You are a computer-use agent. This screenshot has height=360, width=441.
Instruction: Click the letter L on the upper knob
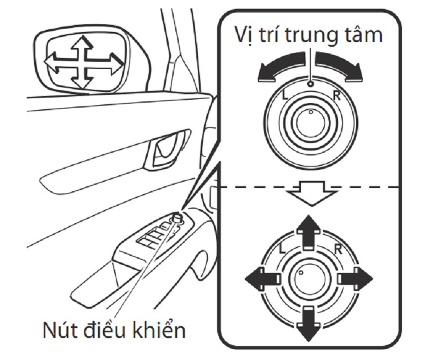[284, 95]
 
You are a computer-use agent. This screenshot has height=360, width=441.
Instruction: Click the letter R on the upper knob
[337, 94]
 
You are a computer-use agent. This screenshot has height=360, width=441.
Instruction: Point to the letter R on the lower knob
[337, 248]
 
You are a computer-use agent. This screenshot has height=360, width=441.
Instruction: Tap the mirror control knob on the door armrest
[178, 218]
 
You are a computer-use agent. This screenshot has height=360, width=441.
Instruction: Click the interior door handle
[164, 149]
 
